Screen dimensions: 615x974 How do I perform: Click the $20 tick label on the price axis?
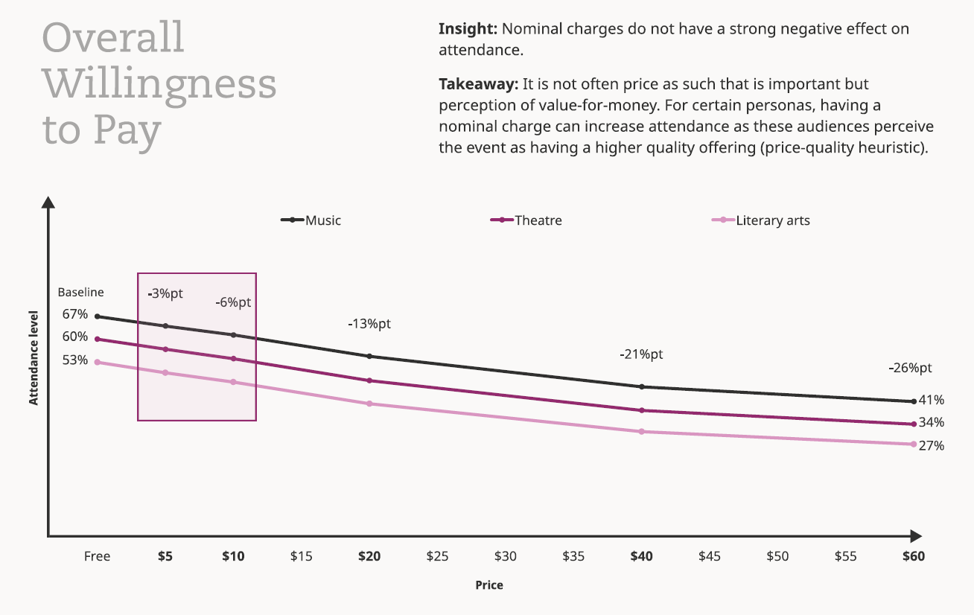[x=369, y=556]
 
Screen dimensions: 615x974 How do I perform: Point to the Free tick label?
[x=97, y=556]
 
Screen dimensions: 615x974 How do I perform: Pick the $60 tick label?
[x=913, y=556]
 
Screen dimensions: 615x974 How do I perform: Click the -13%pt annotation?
[x=369, y=324]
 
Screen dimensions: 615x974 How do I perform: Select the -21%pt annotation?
[x=641, y=354]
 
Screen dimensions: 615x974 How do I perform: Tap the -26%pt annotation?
[x=910, y=368]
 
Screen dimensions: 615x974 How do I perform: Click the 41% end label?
[x=932, y=400]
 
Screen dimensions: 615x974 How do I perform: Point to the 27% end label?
[x=932, y=446]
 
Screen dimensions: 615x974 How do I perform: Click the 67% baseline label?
[x=75, y=314]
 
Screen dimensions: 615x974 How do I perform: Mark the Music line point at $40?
[x=642, y=386]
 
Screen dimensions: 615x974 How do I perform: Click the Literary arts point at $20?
[x=369, y=404]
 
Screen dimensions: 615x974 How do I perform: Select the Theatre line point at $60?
[x=913, y=424]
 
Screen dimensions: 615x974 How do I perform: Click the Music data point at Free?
[x=98, y=316]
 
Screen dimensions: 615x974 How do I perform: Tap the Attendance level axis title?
[x=34, y=358]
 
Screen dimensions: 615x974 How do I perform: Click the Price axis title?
[x=489, y=585]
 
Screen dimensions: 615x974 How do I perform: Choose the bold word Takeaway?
[x=478, y=84]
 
